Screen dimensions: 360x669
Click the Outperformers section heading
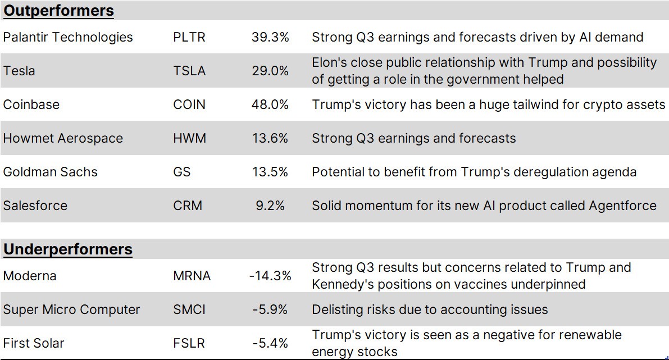tap(58, 10)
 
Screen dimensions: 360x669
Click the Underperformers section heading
tap(68, 249)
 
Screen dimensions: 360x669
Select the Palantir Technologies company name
tap(68, 37)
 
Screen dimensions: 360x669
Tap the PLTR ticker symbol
tap(189, 37)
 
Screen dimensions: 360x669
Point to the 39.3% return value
tap(270, 37)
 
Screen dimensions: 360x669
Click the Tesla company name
tap(19, 71)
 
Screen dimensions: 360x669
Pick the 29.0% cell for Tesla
tap(270, 71)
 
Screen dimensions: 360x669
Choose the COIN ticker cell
tap(189, 104)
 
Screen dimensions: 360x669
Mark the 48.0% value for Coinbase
tap(270, 104)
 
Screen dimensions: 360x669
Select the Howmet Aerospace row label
tap(63, 138)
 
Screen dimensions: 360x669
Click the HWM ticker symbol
tap(189, 138)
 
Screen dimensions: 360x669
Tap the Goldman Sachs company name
tap(50, 172)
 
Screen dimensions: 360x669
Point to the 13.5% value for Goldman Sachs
tap(270, 172)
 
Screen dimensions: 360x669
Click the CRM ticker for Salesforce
tap(188, 206)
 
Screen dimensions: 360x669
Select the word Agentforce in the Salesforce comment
tap(622, 206)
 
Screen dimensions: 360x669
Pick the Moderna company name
tap(30, 276)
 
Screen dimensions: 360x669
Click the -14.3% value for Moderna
tap(270, 276)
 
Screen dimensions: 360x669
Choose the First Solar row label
tap(34, 343)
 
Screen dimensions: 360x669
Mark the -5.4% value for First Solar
tap(270, 343)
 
